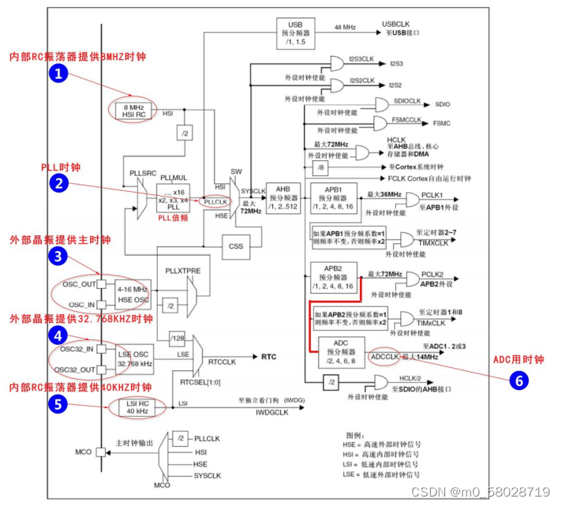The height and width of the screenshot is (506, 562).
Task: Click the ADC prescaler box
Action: click(x=341, y=353)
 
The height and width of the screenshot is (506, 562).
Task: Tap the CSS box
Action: click(x=236, y=246)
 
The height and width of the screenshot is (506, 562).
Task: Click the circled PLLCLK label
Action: click(x=215, y=202)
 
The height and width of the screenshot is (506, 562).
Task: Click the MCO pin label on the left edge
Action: click(x=82, y=452)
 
